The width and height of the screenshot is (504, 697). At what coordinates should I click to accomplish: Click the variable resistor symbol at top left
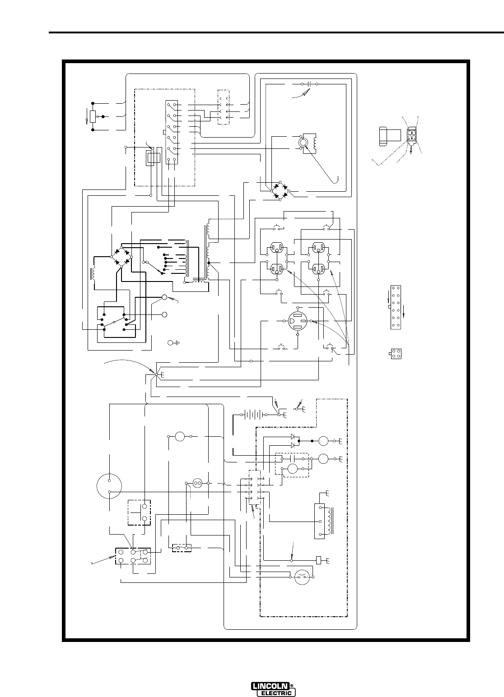(92, 116)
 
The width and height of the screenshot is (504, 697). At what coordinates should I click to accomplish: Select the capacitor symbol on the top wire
(308, 84)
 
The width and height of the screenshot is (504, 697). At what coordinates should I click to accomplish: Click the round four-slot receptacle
(299, 321)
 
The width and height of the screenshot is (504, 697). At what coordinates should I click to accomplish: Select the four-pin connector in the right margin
(397, 353)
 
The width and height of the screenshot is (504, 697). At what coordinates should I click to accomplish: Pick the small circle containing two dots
(197, 483)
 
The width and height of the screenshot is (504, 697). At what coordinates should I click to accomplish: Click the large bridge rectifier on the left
(121, 257)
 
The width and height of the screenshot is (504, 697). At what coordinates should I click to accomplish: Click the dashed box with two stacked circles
(140, 512)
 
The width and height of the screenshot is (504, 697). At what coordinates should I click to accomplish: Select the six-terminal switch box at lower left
(133, 556)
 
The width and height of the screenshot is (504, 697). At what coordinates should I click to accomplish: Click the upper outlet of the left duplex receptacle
(276, 248)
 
